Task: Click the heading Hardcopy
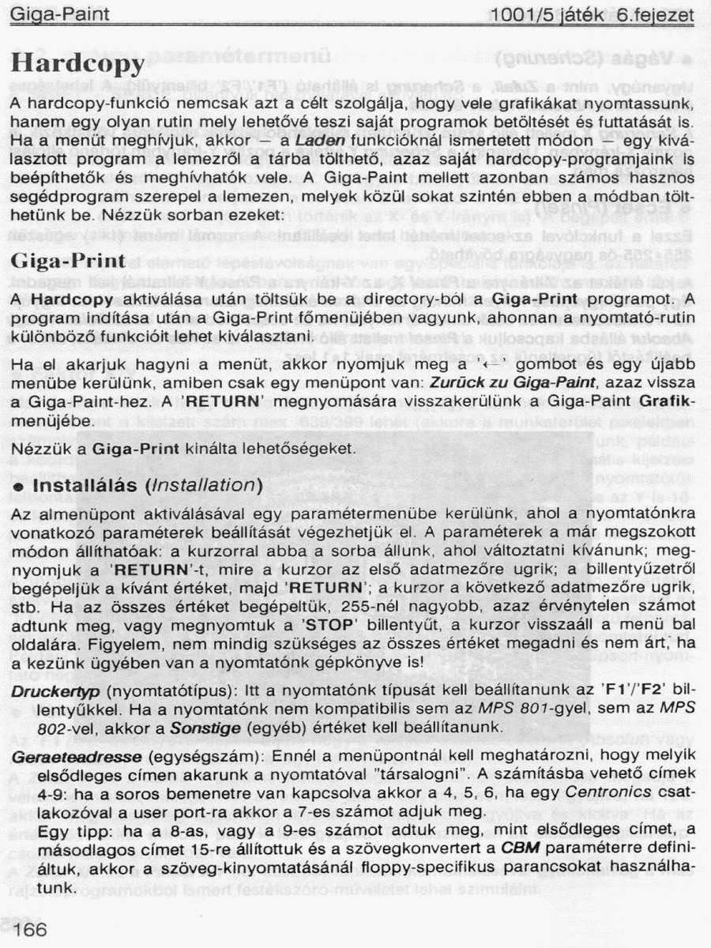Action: click(x=77, y=62)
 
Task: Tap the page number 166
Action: click(x=29, y=929)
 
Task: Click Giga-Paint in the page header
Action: click(x=59, y=14)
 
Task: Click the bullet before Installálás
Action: click(x=17, y=487)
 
